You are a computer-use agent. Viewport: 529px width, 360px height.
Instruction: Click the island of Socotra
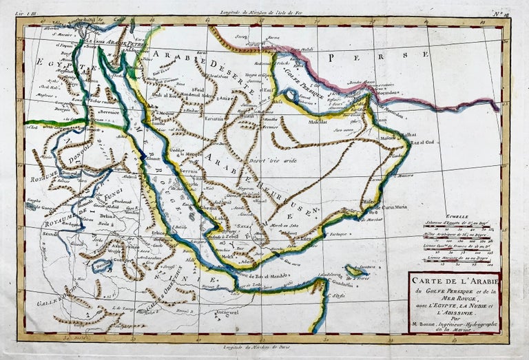[356, 270]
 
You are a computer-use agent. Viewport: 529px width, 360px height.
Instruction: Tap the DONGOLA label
[68, 162]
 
